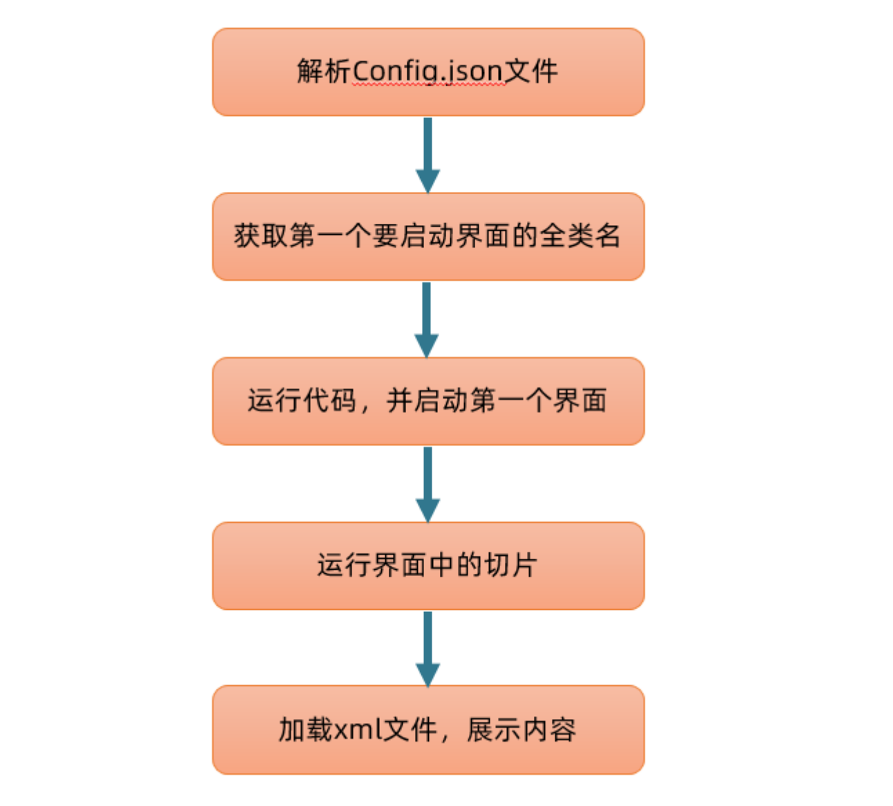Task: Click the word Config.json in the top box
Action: [x=428, y=71]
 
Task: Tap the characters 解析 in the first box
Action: [x=324, y=71]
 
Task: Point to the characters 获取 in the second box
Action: [x=261, y=236]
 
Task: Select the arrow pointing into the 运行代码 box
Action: [x=427, y=319]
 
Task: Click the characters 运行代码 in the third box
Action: [x=302, y=401]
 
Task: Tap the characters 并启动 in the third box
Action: [x=428, y=401]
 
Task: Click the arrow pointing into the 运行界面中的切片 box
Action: [x=428, y=483]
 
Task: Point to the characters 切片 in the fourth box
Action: [x=510, y=566]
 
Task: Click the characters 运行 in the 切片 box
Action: [x=344, y=566]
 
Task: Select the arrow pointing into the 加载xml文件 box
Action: [x=428, y=648]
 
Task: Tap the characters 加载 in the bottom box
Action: [x=306, y=730]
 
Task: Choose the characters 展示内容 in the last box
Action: [x=521, y=730]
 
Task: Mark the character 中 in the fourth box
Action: [x=441, y=566]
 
